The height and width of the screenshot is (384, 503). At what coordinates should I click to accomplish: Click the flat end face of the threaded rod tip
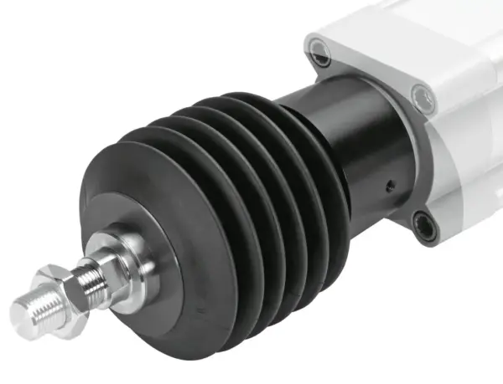pyautogui.click(x=23, y=315)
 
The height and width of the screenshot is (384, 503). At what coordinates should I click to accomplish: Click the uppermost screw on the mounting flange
pyautogui.click(x=321, y=59)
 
